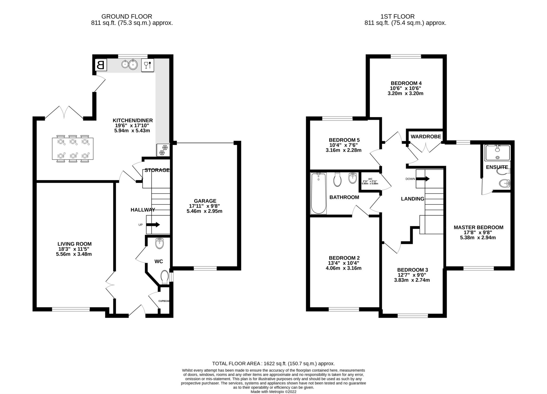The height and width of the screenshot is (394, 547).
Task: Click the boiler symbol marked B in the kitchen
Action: [x=101, y=65]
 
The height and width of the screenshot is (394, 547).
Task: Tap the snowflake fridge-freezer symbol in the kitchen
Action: [x=163, y=150]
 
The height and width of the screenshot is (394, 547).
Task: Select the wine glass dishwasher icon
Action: [x=148, y=65]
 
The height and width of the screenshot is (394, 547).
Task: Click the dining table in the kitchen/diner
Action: [x=73, y=149]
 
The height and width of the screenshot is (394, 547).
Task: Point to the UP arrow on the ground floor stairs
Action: [x=153, y=225]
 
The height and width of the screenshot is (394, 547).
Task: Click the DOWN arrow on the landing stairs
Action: [x=423, y=179]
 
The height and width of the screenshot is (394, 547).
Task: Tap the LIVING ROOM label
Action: [x=74, y=244]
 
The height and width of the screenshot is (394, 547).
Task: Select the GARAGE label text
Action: [x=205, y=201]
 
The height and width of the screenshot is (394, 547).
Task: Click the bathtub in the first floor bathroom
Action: [x=318, y=193]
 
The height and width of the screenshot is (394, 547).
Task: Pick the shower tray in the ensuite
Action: [x=497, y=153]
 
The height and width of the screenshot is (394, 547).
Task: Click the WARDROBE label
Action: [x=426, y=136]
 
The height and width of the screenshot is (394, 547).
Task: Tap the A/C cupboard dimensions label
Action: [x=370, y=181]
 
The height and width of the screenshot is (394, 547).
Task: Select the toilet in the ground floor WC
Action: [x=165, y=277]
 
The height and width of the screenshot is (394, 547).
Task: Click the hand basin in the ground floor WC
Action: [x=160, y=243]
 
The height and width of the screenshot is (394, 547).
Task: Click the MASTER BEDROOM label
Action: [x=478, y=227]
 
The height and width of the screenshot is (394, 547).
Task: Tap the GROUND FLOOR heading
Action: [x=127, y=17]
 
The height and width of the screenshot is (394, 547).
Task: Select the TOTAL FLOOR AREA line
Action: [x=273, y=364]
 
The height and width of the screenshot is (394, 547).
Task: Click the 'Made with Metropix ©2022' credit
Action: [x=273, y=392]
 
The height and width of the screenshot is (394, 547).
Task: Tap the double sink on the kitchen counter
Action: [x=130, y=64]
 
